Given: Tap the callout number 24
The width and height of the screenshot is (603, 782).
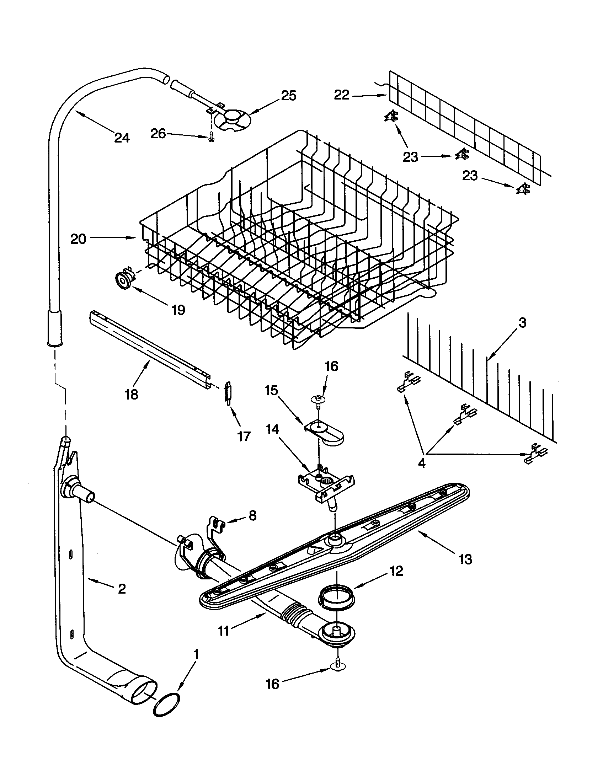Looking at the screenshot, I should point(122,138).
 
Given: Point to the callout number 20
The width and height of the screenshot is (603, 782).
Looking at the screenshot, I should point(78,239).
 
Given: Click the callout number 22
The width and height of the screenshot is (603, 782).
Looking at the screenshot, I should point(342,95).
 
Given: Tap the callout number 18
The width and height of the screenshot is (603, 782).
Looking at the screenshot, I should point(132,395).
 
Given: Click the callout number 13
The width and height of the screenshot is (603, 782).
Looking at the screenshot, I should point(465,559).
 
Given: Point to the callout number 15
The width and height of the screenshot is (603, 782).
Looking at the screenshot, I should point(271,390).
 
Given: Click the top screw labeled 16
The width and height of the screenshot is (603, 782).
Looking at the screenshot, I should point(317,399).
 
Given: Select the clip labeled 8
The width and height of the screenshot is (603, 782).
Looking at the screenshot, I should point(217,525).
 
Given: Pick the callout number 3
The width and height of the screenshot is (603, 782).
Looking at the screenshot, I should point(522,323).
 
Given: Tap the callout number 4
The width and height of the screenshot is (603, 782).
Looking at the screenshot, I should point(422,463).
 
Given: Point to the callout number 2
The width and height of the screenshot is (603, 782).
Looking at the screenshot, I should point(122,589).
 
